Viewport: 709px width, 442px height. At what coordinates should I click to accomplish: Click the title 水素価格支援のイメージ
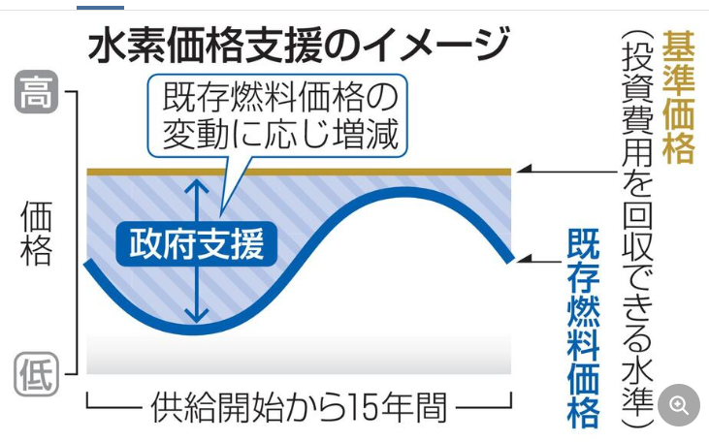point(299,46)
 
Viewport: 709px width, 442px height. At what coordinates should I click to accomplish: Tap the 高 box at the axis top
point(37,93)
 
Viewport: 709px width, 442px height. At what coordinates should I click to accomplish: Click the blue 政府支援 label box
point(197,243)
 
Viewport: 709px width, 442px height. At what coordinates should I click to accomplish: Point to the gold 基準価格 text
point(678,96)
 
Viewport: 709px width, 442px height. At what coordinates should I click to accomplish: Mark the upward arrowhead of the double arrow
point(197,184)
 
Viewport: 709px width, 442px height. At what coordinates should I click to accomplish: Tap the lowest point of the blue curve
point(194,330)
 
